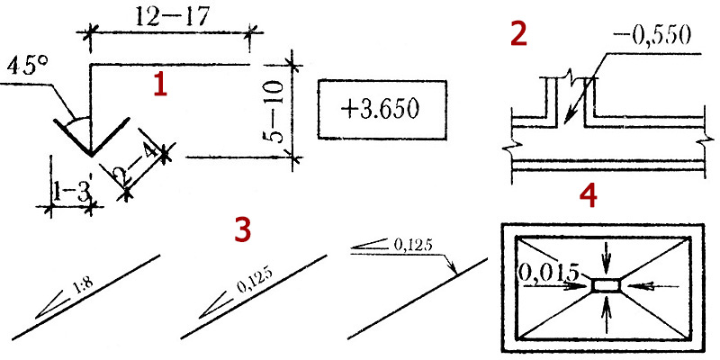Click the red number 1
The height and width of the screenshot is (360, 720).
(x=160, y=85)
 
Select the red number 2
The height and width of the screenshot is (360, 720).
(x=518, y=35)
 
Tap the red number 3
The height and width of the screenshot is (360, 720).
(x=243, y=230)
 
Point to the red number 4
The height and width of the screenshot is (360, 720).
(x=589, y=197)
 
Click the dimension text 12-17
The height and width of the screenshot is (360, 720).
(x=173, y=17)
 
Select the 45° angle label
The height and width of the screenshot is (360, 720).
(x=28, y=67)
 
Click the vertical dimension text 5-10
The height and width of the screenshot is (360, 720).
(x=276, y=111)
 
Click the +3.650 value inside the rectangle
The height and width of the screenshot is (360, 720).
(x=380, y=110)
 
